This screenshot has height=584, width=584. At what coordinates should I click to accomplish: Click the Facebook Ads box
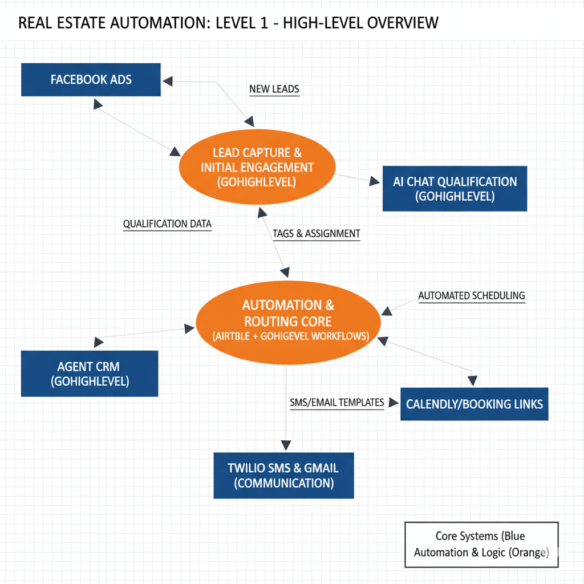pos(91,80)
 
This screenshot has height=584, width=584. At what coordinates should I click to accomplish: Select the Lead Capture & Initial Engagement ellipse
pos(257,167)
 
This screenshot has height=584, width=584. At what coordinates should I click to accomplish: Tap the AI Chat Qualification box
pos(455,189)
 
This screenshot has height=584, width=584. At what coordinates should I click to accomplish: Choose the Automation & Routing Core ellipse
pos(287,321)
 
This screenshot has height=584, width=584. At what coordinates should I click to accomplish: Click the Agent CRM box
pos(90,374)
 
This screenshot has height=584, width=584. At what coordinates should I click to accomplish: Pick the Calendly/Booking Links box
pos(474,404)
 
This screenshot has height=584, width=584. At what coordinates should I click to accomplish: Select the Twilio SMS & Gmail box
pos(283,475)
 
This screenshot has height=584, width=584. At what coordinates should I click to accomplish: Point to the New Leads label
pos(274,89)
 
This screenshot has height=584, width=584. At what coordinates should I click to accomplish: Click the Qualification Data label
pos(167,224)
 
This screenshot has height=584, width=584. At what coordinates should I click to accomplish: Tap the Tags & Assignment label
pos(316,233)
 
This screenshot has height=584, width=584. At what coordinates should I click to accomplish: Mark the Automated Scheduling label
pos(471,295)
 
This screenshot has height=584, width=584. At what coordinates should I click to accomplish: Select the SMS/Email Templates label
pos(336,403)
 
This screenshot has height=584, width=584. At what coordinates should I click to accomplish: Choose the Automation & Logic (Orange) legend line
pos(481,552)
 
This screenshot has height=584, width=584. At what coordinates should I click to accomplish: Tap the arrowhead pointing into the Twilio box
pos(285,445)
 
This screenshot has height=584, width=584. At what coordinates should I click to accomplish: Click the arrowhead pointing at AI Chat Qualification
pos(375,182)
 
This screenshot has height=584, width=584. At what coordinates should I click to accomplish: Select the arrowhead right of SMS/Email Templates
pos(393,403)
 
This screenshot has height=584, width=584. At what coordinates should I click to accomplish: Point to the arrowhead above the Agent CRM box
pos(98,342)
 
